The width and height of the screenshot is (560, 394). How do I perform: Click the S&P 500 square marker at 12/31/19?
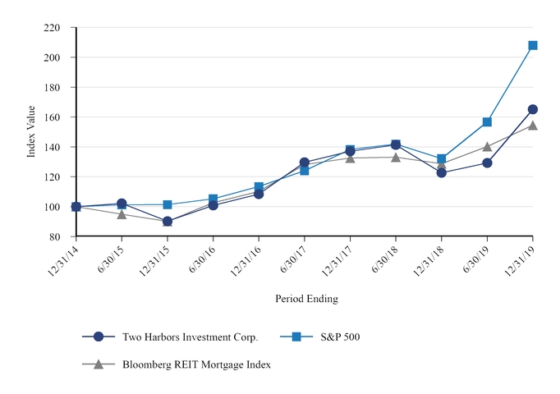(x=533, y=45)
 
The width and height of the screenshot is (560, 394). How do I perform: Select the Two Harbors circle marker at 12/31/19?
(x=533, y=109)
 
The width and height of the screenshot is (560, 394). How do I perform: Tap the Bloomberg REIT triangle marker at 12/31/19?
(x=533, y=126)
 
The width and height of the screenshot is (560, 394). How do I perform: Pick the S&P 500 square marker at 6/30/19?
(x=487, y=122)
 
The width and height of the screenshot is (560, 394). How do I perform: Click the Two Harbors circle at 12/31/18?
(x=442, y=172)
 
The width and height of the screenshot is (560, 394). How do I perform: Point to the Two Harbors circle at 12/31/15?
(x=168, y=222)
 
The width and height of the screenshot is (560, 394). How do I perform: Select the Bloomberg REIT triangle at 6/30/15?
(x=122, y=214)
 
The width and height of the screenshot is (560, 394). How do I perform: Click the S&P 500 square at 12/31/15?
(x=168, y=204)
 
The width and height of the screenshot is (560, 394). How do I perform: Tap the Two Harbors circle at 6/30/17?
(x=305, y=163)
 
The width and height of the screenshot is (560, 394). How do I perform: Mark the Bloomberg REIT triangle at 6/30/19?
(x=487, y=147)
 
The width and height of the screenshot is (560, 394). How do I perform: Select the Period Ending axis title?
(x=306, y=299)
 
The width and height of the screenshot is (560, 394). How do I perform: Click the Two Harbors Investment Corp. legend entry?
(x=190, y=337)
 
